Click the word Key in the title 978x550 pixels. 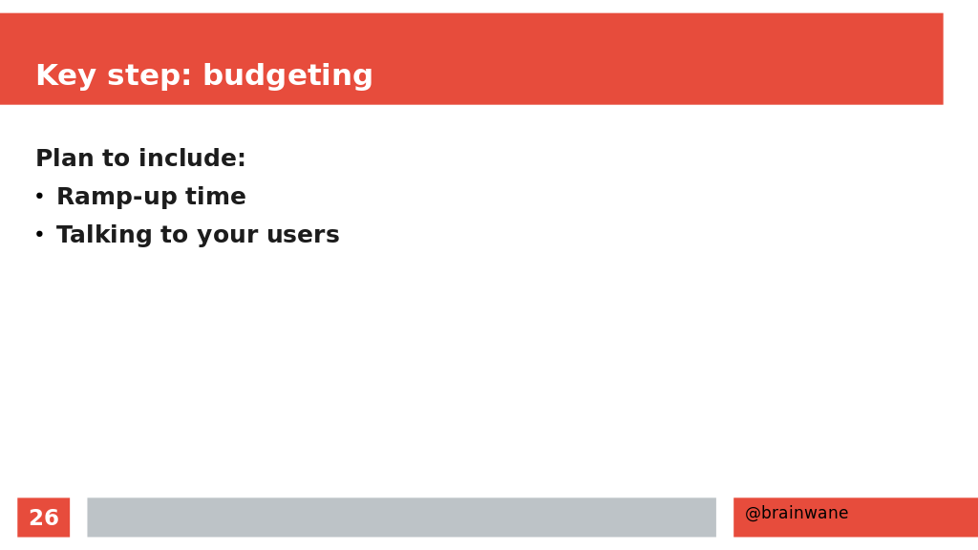click(66, 75)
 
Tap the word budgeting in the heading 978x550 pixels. click(288, 76)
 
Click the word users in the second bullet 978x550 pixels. click(303, 235)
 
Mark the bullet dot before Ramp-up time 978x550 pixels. click(39, 197)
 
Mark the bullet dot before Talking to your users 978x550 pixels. click(39, 235)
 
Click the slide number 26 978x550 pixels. click(44, 518)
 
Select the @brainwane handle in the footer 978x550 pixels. click(797, 513)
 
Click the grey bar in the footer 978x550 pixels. click(402, 517)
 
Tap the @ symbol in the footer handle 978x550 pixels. click(753, 513)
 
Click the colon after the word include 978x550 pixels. click(242, 160)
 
